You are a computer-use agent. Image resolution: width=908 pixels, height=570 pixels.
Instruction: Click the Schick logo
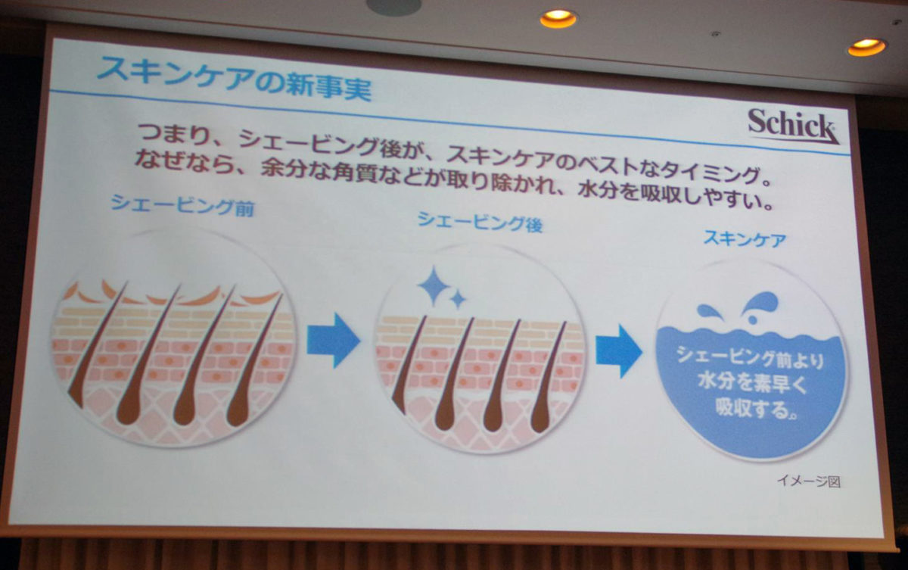793,126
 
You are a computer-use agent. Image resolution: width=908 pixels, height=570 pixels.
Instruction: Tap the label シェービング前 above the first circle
182,206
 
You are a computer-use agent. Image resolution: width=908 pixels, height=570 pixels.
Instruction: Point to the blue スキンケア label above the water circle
745,238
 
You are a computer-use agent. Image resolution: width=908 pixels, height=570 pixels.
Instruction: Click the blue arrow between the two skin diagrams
333,341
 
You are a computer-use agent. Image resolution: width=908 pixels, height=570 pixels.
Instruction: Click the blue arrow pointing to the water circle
619,351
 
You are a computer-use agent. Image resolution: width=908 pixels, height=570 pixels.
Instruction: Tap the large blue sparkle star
434,285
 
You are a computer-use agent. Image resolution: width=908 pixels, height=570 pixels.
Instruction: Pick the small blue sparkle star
458,299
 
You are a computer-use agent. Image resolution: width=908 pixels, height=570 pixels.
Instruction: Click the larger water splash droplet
762,304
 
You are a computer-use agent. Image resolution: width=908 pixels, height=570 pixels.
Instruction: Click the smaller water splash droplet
708,311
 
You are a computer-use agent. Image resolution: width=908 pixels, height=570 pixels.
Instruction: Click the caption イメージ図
809,481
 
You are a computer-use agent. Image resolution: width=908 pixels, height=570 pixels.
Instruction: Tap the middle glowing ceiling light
558,18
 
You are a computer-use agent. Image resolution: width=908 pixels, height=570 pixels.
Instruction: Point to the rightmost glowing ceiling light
866,47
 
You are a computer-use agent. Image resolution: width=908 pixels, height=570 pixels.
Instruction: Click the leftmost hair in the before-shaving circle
98,344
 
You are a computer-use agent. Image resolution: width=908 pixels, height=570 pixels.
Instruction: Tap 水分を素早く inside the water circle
753,383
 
